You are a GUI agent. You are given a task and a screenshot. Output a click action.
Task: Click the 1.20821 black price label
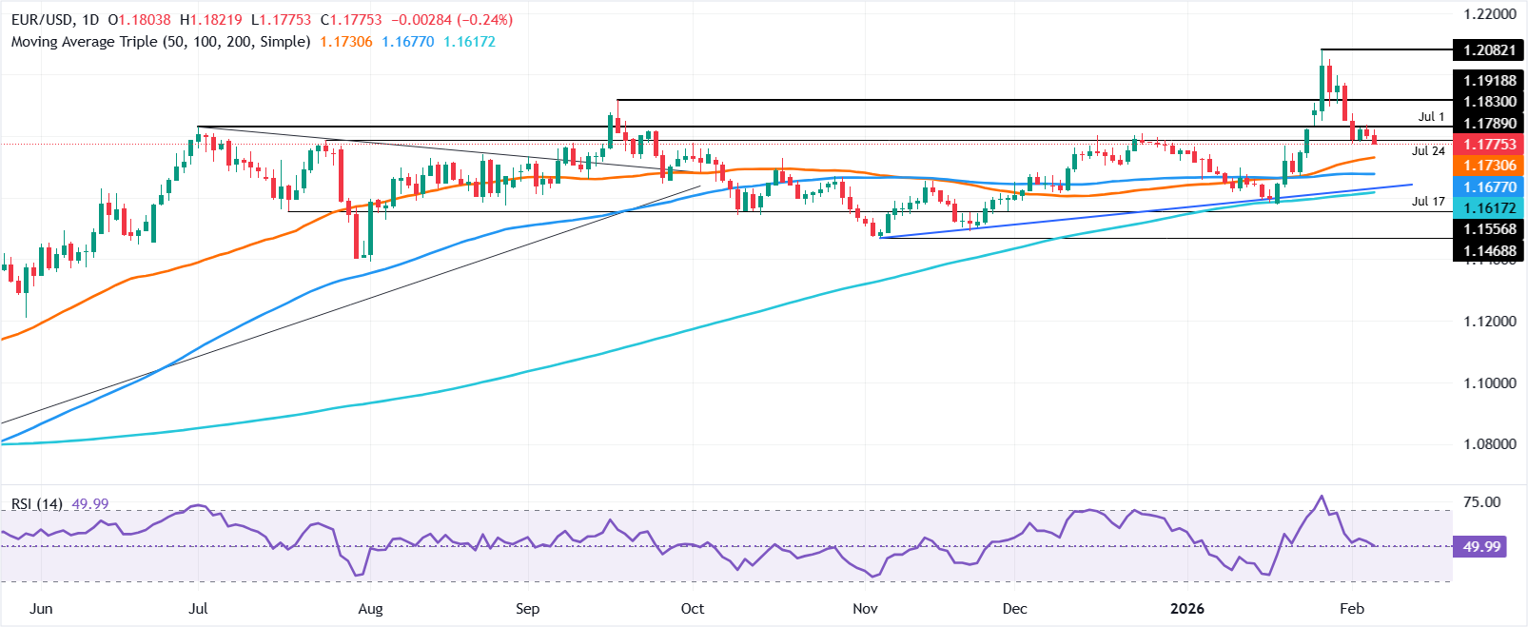click(1488, 49)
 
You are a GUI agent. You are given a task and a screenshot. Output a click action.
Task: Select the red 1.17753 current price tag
click(1488, 144)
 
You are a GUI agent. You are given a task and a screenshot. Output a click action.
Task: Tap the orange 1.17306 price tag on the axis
click(1488, 166)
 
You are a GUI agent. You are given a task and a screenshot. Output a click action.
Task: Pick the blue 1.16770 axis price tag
click(1488, 187)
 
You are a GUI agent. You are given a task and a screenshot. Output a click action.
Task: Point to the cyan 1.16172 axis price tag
click(1488, 207)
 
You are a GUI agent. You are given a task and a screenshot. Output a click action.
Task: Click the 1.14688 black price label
click(1488, 251)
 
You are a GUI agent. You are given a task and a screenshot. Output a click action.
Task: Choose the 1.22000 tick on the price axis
click(1489, 14)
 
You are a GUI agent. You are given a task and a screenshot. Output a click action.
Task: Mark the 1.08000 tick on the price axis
click(1489, 444)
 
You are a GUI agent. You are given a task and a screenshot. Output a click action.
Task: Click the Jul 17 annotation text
click(1428, 201)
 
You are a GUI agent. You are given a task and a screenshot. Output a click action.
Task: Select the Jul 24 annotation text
click(1428, 150)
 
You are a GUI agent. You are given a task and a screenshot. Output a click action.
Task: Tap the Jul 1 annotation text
click(1431, 117)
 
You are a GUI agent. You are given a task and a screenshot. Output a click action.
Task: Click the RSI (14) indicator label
click(37, 503)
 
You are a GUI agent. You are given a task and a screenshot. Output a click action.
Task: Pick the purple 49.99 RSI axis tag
click(1481, 546)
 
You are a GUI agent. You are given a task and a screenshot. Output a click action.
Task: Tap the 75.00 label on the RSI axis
click(1481, 502)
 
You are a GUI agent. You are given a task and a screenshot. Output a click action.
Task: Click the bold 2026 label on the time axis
click(1186, 609)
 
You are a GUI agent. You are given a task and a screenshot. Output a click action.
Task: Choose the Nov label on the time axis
click(865, 609)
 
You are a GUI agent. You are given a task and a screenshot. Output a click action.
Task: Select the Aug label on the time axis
click(370, 609)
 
